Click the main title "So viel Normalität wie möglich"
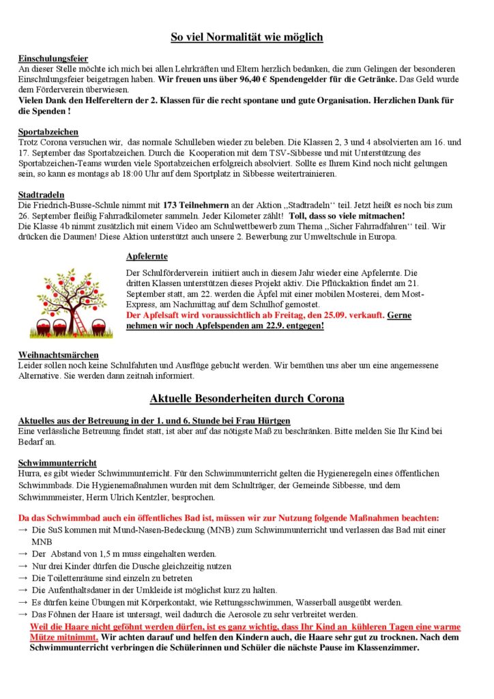pos(246,37)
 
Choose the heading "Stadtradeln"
pos(40,195)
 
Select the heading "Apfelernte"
pos(147,257)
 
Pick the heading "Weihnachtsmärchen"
pos(58,355)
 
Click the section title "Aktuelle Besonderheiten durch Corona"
pos(246,398)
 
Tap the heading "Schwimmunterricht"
pos(57,462)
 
